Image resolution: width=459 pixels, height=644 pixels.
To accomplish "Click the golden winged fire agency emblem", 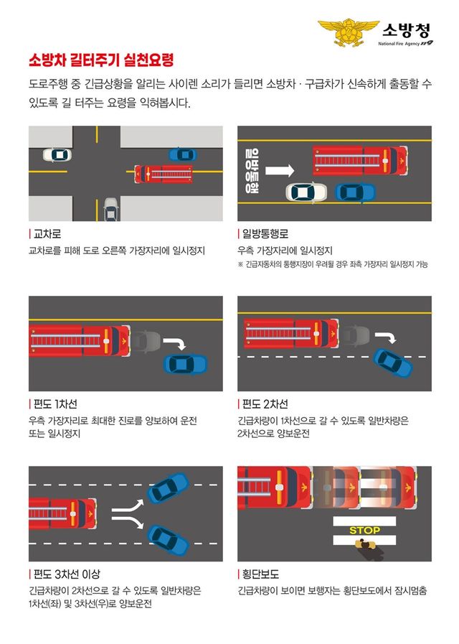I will (348, 32).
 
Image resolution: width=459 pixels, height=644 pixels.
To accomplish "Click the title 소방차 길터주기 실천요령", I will (100, 59).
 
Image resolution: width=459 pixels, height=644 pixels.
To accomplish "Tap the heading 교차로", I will (46, 235).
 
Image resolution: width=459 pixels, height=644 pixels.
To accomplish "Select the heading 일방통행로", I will (264, 235).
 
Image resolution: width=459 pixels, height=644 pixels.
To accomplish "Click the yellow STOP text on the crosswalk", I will (364, 531).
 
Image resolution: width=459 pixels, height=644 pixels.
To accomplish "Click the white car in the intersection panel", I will (57, 154).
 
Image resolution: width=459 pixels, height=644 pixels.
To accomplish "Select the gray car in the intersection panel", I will (110, 209).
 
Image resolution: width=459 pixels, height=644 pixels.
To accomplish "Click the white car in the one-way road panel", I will (306, 192).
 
